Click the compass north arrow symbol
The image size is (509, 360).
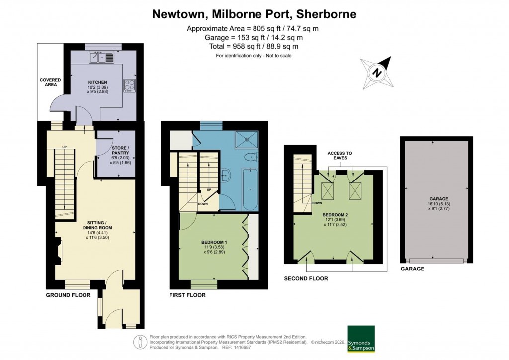pyautogui.click(x=378, y=73)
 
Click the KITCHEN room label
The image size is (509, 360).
pyautogui.click(x=98, y=82)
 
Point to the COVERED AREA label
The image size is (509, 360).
pyautogui.click(x=50, y=82)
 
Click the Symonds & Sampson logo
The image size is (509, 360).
pyautogui.click(x=361, y=339)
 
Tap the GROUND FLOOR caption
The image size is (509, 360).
pyautogui.click(x=68, y=295)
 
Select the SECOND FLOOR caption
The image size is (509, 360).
pyautogui.click(x=306, y=279)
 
